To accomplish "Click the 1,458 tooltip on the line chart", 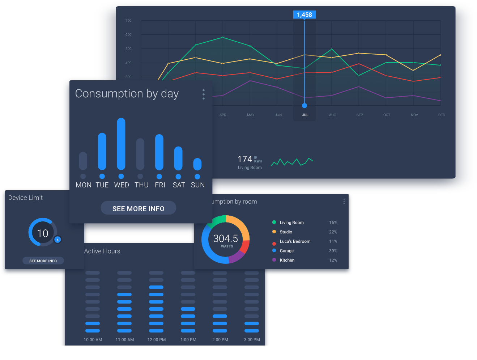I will point(304,15).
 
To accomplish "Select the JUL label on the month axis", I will point(305,115).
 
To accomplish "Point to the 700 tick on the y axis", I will point(128,21).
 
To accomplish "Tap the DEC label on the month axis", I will point(442,115).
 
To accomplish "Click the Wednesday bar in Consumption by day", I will point(121,144).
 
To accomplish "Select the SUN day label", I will point(198,185).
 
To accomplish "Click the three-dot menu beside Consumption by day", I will point(204,94).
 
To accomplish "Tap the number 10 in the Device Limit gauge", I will point(43,233).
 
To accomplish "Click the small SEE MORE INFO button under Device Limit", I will point(43,261).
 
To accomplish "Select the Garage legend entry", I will point(286,251).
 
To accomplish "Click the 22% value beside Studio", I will point(333,232).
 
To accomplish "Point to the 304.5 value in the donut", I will point(225,238).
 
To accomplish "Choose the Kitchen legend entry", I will point(287,260).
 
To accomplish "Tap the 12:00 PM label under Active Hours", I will point(157,340).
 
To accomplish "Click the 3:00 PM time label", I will point(252,340).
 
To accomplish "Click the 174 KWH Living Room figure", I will point(250,162).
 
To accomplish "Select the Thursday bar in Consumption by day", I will point(140,154).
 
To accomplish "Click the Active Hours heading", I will point(102,251).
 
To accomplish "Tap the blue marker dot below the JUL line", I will point(304,106).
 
